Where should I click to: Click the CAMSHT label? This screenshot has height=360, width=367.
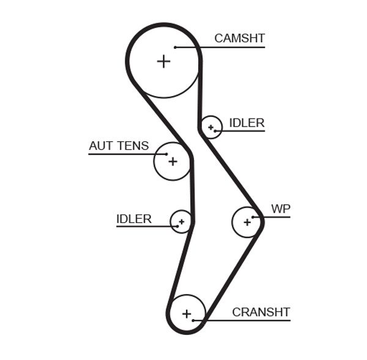[x=239, y=39]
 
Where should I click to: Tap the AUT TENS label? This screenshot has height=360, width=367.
[x=119, y=146]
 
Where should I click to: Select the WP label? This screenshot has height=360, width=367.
[x=281, y=209]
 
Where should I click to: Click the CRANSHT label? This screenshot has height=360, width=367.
[x=261, y=312]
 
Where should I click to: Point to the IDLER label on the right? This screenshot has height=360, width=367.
[x=247, y=123]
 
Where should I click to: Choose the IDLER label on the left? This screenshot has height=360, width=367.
[x=134, y=219]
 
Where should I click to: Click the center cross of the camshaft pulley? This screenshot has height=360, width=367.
[x=163, y=61]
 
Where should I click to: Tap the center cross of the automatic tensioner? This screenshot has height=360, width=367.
[x=172, y=161]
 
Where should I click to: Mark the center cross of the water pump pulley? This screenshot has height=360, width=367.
[x=247, y=222]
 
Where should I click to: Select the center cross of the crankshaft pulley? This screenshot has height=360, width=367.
[x=187, y=314]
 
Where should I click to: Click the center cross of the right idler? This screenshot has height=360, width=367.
[x=210, y=127]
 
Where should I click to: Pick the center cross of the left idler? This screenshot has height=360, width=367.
[x=181, y=221]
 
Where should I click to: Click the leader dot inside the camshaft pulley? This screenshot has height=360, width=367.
[x=175, y=47]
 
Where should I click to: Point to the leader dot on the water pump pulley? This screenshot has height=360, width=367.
[x=254, y=216]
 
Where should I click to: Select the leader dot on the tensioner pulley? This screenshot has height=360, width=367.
[x=166, y=153]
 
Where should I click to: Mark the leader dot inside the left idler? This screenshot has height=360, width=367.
[x=176, y=226]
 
